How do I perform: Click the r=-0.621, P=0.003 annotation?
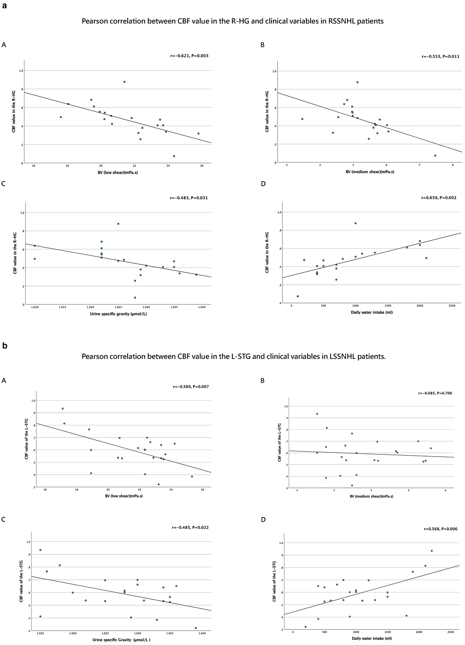(189, 56)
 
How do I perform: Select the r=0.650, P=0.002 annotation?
(438, 198)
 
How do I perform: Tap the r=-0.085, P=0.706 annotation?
(435, 393)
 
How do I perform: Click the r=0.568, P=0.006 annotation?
(440, 529)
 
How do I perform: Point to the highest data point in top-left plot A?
(124, 82)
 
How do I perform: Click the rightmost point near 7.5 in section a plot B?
(435, 156)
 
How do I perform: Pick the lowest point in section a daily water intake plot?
(298, 296)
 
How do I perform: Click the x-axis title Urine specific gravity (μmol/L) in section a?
(118, 314)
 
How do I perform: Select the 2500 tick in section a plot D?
(452, 306)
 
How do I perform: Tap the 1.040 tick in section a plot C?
(202, 307)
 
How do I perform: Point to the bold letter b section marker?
(4, 346)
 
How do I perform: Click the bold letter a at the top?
(4, 6)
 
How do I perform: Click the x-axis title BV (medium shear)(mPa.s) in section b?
(372, 496)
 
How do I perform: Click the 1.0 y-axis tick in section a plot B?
(274, 71)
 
